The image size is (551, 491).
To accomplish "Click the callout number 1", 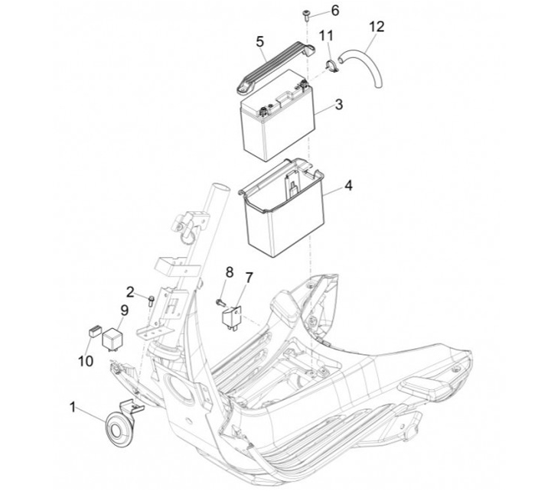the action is click(x=73, y=408).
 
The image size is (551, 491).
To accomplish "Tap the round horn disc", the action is click(x=118, y=429).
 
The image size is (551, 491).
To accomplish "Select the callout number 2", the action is click(x=130, y=292).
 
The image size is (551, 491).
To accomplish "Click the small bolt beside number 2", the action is click(x=152, y=301).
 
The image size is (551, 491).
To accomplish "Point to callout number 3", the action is click(x=339, y=104).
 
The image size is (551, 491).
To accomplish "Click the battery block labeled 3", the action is click(x=278, y=115).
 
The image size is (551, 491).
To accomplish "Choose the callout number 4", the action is click(x=348, y=185).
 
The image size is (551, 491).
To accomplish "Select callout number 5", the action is click(x=259, y=42).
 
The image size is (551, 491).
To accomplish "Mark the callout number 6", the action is click(x=335, y=11).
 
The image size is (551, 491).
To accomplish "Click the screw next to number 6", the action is click(x=305, y=15).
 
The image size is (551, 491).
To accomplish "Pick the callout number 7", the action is click(x=249, y=278).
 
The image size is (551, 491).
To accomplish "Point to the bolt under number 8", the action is click(x=220, y=301).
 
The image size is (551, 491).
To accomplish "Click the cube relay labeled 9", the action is click(x=112, y=338).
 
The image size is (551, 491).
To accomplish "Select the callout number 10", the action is click(x=86, y=361).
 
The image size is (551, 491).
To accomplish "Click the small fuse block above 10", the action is click(x=95, y=331).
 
